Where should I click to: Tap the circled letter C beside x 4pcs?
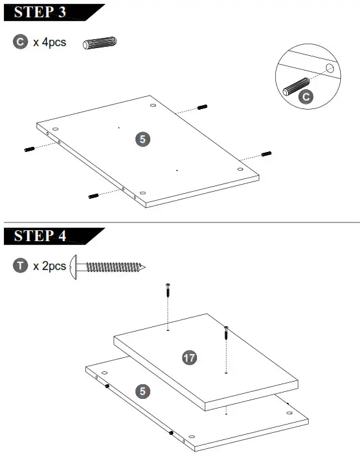20,42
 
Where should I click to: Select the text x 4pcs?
49,43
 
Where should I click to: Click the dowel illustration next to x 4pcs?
99,43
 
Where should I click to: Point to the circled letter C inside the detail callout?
307,97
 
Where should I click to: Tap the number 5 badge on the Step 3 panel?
142,139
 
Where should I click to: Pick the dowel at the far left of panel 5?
29,149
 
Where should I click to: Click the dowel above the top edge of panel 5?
202,106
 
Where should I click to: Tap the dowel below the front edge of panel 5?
93,195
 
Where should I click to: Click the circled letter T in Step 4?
20,266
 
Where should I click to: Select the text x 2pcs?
49,266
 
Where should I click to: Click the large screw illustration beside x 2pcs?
108,265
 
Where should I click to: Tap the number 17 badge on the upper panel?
189,359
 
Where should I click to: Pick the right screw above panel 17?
226,333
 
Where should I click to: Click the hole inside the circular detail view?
329,67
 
